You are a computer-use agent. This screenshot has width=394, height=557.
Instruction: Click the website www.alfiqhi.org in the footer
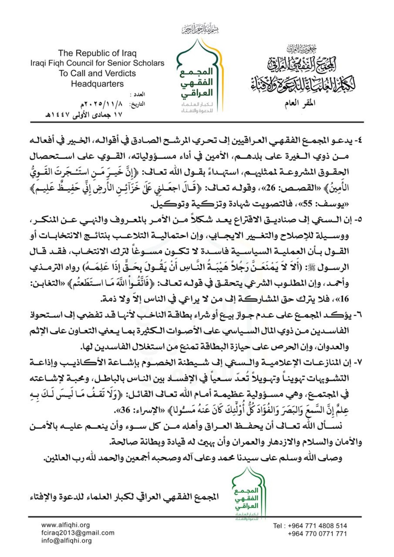click(x=65, y=525)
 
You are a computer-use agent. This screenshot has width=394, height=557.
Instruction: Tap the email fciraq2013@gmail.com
click(x=78, y=533)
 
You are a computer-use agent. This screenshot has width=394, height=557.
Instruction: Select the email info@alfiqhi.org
click(x=66, y=541)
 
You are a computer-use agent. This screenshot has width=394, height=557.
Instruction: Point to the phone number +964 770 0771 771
click(x=317, y=534)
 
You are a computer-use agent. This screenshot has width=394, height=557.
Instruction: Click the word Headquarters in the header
click(x=97, y=84)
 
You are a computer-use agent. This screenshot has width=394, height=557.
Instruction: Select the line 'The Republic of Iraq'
click(x=97, y=53)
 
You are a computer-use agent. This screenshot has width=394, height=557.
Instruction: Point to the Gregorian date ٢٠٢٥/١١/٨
click(x=102, y=104)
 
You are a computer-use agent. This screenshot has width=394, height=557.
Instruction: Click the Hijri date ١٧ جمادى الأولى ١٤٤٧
click(x=84, y=115)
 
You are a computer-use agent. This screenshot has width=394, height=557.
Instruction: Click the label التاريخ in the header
click(x=137, y=104)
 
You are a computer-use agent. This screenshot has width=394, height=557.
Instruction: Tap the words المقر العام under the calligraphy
click(x=299, y=103)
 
